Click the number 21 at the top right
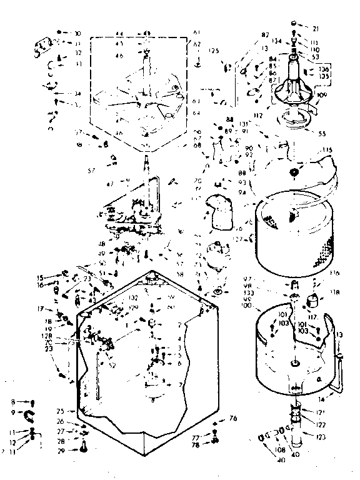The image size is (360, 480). click(315, 29)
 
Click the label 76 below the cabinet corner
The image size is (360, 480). click(233, 418)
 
